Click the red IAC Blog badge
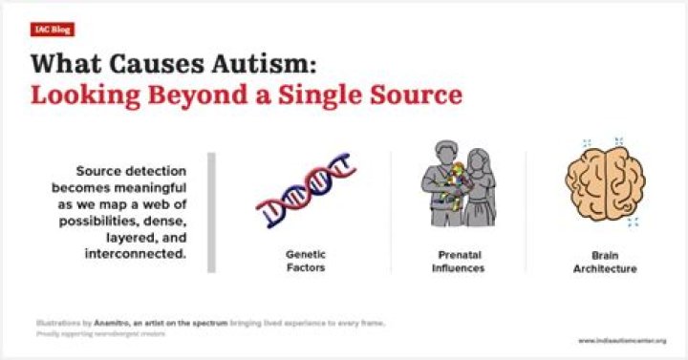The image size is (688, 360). tap(53, 30)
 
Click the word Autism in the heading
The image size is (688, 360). tap(251, 64)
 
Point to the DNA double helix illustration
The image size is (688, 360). tap(305, 195)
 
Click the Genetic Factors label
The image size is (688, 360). tap(305, 262)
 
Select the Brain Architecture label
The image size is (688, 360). tap(613, 262)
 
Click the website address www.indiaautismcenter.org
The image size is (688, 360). tap(621, 340)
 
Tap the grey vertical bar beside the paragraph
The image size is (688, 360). tap(212, 211)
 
